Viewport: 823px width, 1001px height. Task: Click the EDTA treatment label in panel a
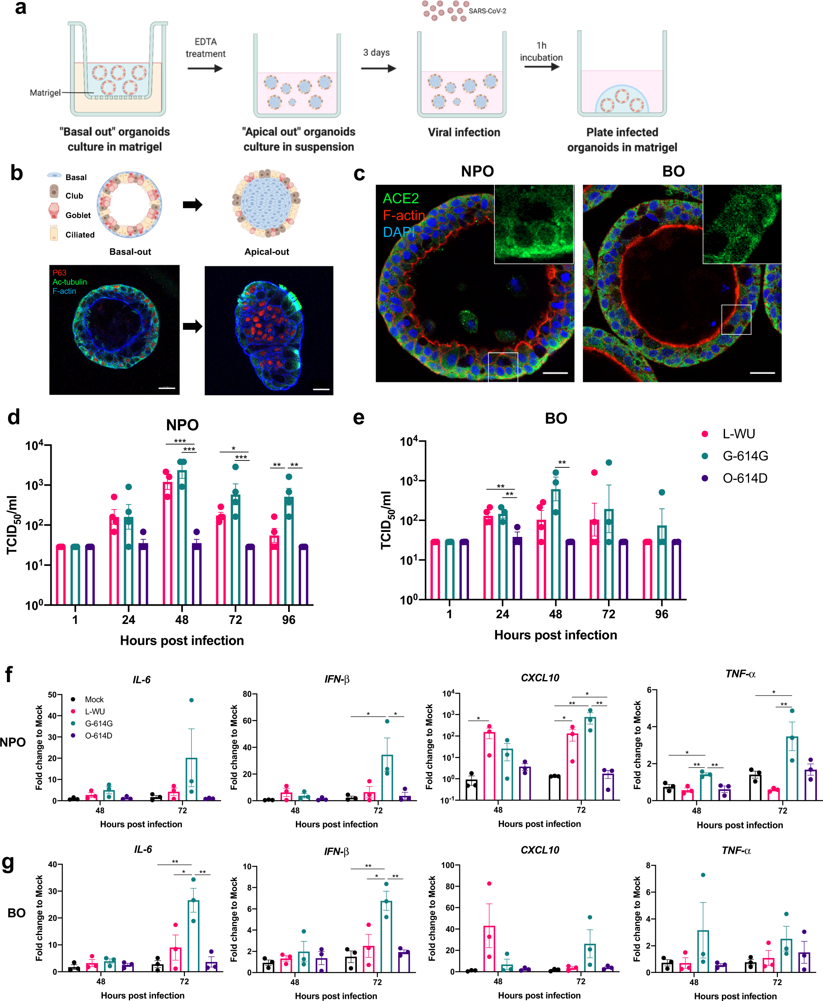(205, 48)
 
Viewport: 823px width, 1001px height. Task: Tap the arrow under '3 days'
(378, 69)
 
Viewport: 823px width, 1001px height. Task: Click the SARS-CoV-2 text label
(487, 11)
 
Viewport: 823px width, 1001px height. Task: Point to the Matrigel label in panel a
(45, 92)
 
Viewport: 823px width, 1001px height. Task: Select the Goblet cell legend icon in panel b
(54, 211)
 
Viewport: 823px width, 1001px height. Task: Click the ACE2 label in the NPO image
(401, 198)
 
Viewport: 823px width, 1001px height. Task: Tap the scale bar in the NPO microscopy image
(555, 373)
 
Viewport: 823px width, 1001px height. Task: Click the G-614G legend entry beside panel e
(745, 456)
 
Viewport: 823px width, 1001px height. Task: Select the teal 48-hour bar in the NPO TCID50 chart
(182, 536)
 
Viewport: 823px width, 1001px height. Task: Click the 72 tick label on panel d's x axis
(235, 619)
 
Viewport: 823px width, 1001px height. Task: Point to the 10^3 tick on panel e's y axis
(409, 481)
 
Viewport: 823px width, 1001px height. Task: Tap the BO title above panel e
(556, 419)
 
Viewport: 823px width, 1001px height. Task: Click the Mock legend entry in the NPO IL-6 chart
(94, 699)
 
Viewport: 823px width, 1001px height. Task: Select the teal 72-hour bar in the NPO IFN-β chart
(387, 777)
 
